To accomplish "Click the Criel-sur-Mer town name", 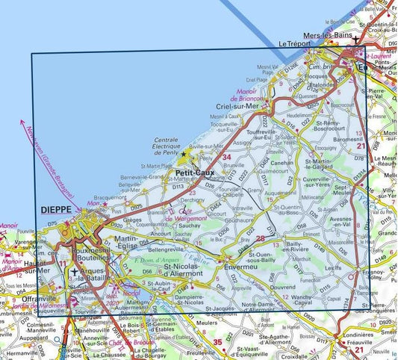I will click(x=252, y=107).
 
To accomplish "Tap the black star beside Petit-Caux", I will click(x=184, y=153).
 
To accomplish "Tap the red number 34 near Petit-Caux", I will click(x=226, y=157).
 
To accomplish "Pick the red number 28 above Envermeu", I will click(x=259, y=239).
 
